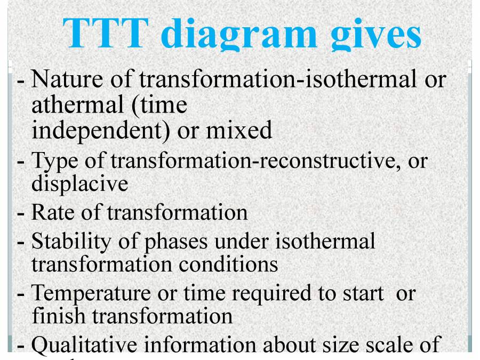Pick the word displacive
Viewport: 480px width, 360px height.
[79, 183]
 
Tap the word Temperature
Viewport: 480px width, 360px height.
[91, 293]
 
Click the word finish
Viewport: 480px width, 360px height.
[59, 316]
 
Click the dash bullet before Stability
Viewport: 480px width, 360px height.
[21, 242]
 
